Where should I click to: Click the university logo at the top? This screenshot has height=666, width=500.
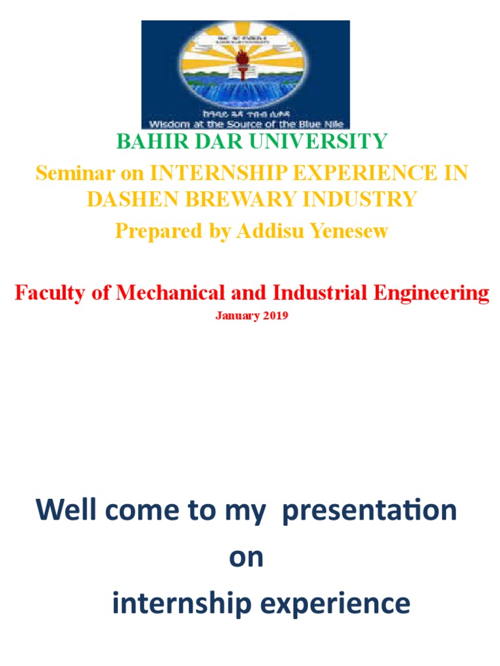(245, 74)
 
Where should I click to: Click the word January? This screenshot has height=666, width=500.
(237, 317)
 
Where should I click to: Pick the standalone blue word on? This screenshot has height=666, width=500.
(246, 557)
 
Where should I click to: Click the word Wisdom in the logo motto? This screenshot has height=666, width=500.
(168, 124)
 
